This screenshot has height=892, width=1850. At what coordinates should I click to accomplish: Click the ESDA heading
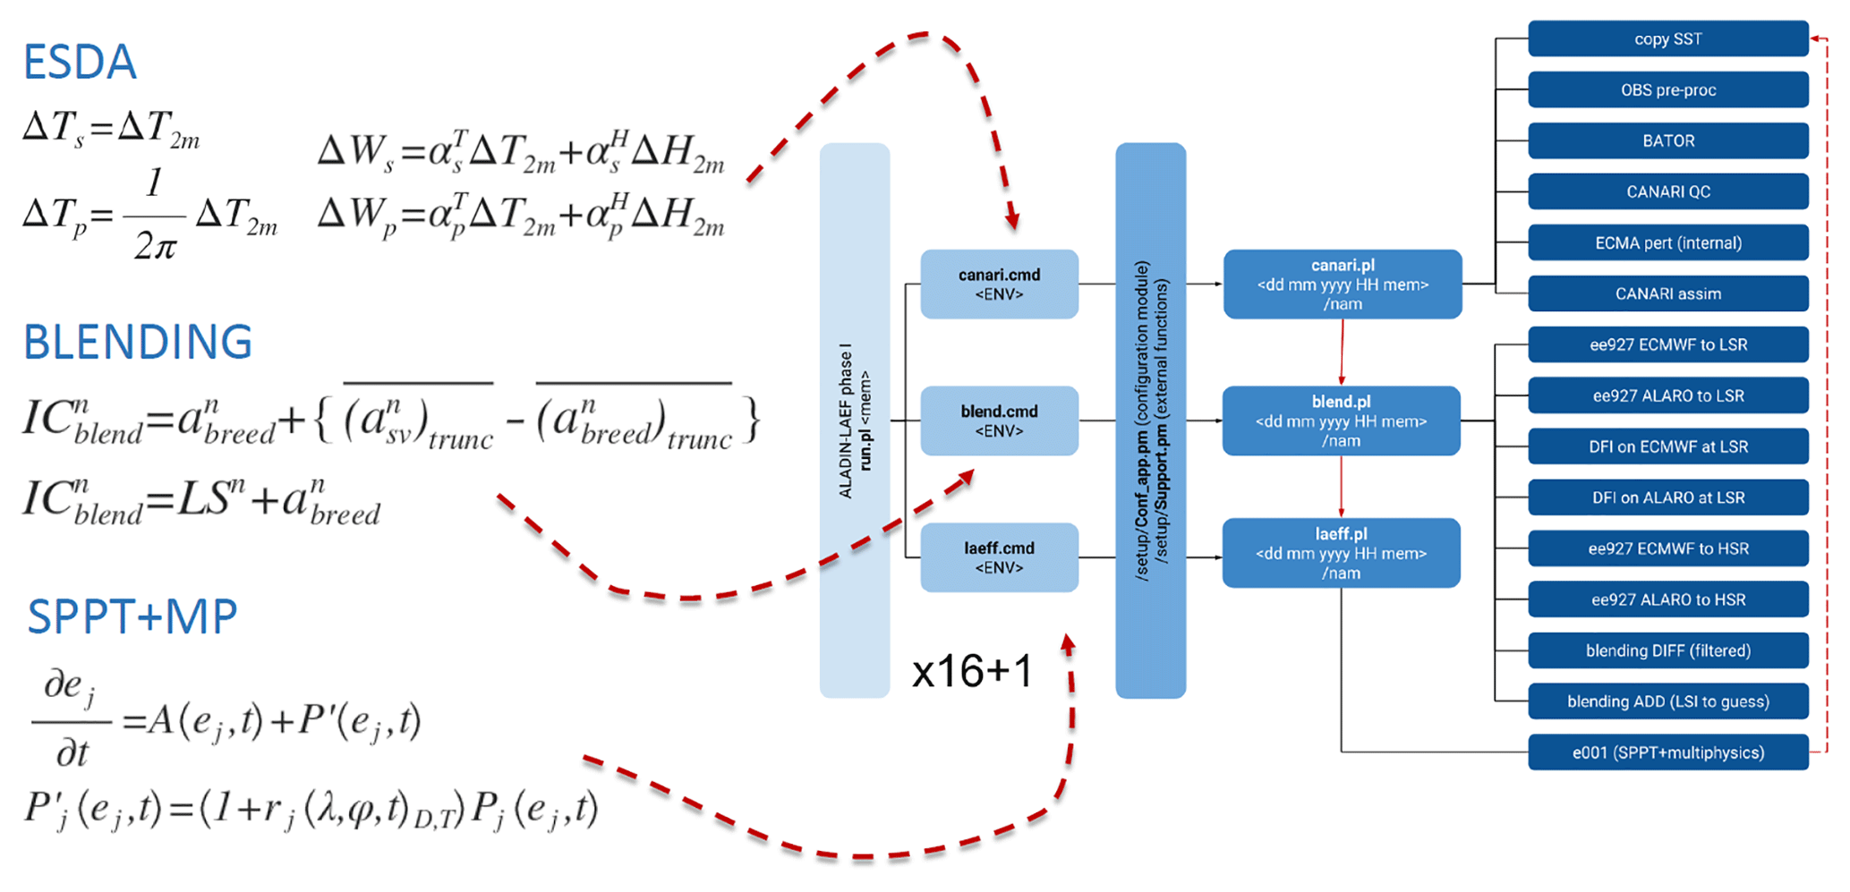click(80, 63)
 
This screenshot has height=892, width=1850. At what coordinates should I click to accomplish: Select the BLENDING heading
click(138, 342)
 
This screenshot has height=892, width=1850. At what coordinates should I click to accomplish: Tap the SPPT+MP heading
click(132, 616)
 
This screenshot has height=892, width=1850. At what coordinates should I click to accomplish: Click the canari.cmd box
click(999, 285)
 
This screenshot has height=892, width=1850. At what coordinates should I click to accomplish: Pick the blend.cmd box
click(999, 421)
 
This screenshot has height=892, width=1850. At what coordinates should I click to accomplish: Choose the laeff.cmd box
click(999, 557)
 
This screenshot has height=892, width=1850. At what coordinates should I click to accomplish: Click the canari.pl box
click(1342, 285)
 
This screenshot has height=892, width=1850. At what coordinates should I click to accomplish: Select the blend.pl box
click(1341, 421)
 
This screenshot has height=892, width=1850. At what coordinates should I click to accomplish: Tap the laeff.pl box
click(1341, 553)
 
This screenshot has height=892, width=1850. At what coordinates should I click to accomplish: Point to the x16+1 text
click(972, 671)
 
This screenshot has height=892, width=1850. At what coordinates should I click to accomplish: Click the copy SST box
click(1667, 39)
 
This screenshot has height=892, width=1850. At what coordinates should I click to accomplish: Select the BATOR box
click(1667, 141)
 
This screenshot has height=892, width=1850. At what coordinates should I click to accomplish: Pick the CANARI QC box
click(1667, 192)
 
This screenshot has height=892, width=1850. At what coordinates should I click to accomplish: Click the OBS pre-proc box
click(1667, 90)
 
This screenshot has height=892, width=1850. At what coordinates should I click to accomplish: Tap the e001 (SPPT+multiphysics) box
click(1667, 752)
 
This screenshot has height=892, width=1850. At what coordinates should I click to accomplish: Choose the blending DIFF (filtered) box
click(1667, 650)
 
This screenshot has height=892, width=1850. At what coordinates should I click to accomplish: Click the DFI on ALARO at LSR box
click(1667, 497)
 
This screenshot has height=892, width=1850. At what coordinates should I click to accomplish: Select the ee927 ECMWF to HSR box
click(1667, 548)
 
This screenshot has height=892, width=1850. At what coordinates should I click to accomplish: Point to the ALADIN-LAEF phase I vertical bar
click(855, 421)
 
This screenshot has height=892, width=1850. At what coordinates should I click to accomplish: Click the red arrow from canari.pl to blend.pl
click(1342, 353)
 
